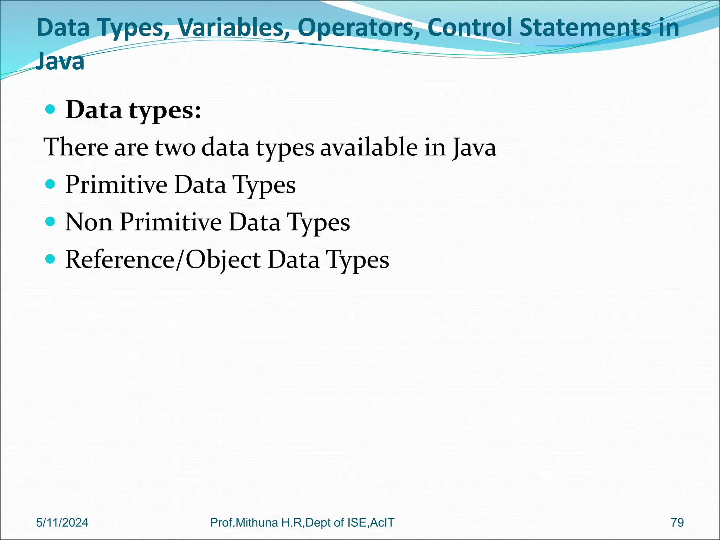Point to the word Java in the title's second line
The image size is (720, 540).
pos(60,61)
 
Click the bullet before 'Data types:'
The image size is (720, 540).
pos(51,110)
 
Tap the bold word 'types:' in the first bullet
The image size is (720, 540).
pos(165,111)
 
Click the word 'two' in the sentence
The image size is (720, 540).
pos(175,147)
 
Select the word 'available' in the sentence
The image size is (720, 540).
pos(369,147)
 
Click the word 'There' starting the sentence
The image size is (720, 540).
pos(76,147)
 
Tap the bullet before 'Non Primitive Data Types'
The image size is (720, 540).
pos(51,221)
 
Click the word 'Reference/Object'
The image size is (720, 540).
pos(163,260)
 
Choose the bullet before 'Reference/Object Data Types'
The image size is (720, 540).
pos(51,259)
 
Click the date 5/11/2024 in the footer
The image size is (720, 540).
pos(62,522)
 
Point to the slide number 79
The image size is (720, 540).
pos(677,522)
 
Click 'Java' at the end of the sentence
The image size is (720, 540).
pos(474,148)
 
